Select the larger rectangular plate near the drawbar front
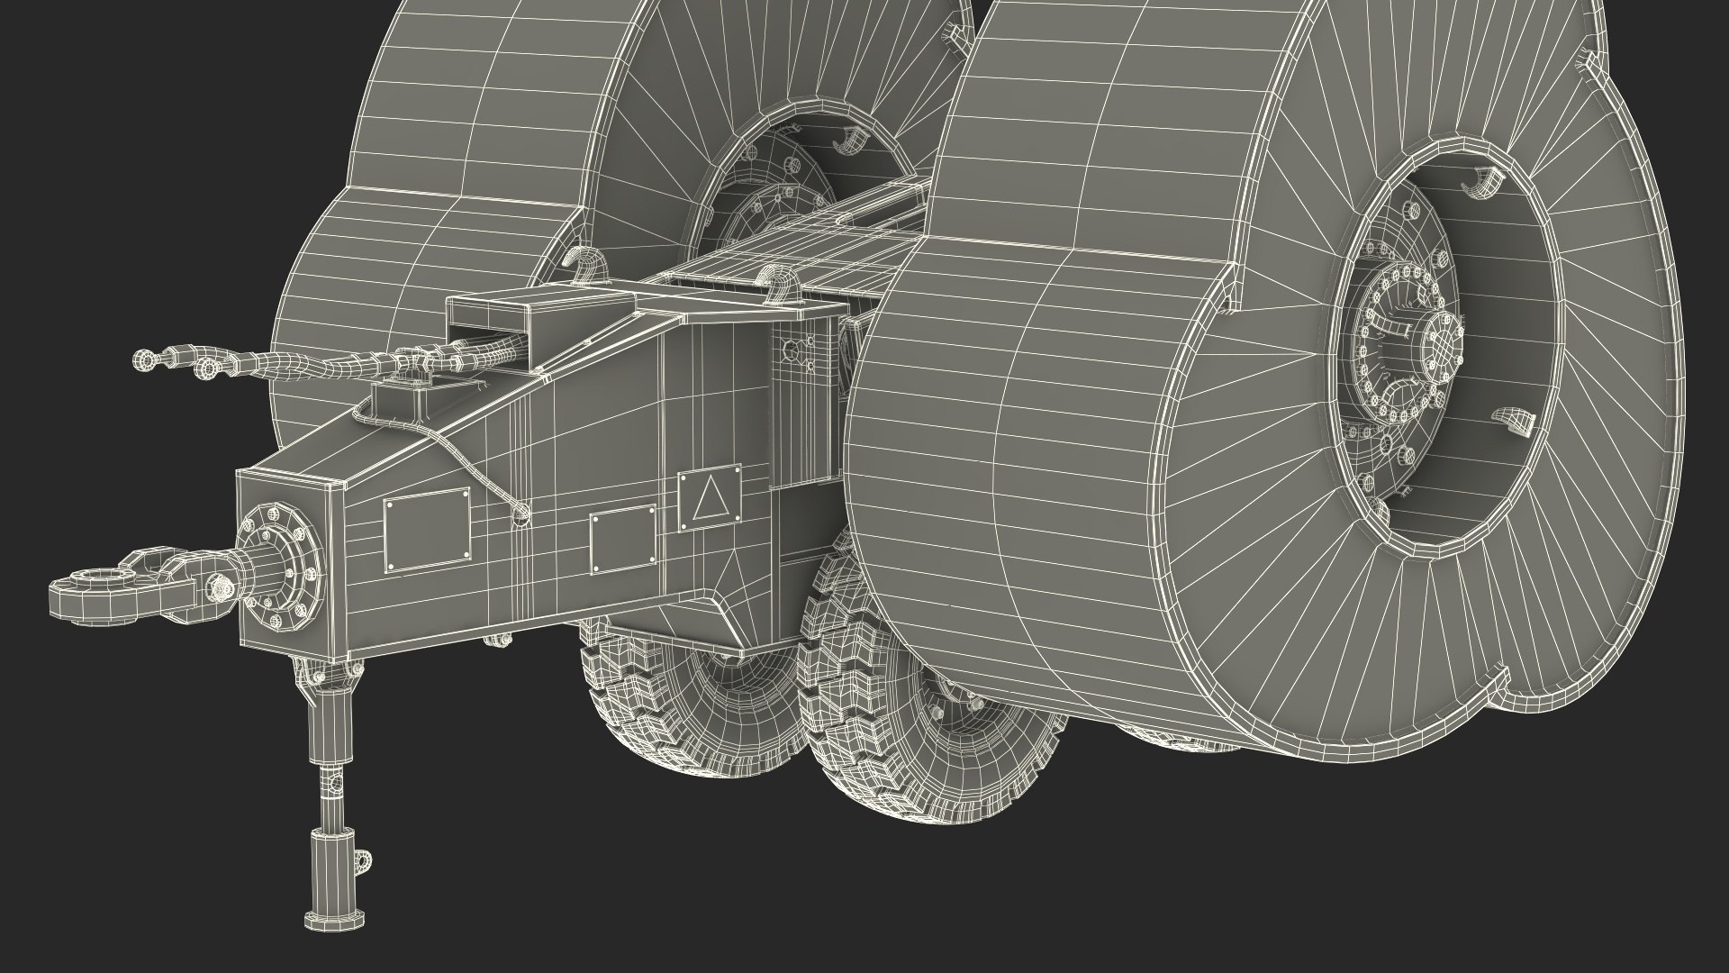(427, 530)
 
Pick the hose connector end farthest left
(145, 361)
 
